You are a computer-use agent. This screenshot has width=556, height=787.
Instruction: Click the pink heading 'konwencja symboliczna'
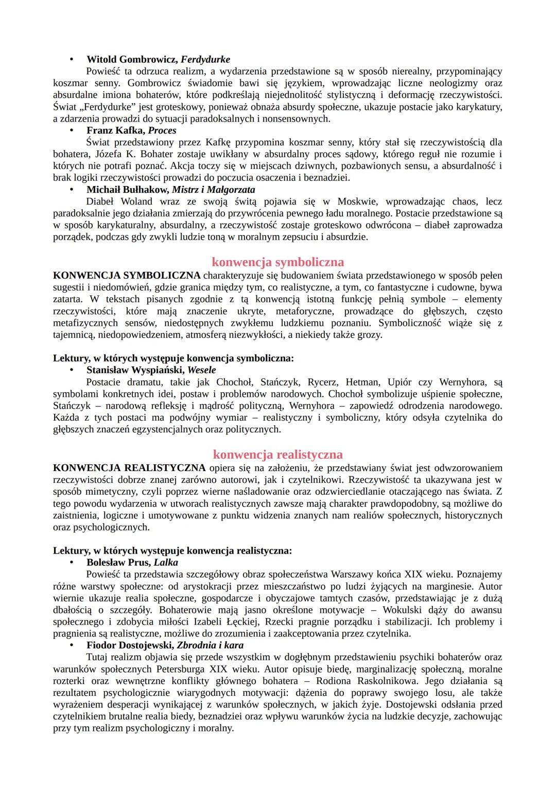point(277,262)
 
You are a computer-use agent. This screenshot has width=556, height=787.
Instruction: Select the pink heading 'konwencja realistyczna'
point(277,455)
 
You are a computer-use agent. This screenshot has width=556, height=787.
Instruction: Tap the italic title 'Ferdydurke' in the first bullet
point(205,59)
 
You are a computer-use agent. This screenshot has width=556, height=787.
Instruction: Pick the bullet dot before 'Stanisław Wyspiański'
point(72,370)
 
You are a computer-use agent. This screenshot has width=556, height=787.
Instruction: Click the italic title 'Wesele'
point(201,370)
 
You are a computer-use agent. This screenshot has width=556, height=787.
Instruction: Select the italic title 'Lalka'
point(166,562)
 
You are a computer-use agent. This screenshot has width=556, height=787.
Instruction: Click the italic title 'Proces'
point(162,130)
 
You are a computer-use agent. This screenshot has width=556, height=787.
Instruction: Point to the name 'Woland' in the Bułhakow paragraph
point(136,202)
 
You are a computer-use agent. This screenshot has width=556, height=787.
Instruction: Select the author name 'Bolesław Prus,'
point(118,562)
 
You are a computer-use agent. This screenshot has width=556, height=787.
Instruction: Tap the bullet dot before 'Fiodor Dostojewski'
point(72,645)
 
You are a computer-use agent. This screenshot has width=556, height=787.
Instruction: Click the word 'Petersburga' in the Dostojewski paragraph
point(181,669)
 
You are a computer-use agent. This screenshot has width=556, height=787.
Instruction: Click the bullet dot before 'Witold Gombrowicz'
point(72,59)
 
